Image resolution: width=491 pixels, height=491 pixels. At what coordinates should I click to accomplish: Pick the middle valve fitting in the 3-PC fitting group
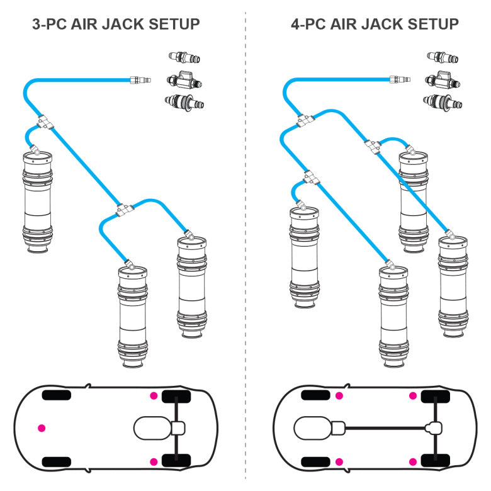pyautogui.click(x=183, y=81)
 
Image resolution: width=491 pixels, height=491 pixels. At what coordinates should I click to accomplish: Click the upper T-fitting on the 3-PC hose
pyautogui.click(x=45, y=121)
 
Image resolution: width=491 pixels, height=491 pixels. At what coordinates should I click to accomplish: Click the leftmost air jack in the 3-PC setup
pyautogui.click(x=37, y=201)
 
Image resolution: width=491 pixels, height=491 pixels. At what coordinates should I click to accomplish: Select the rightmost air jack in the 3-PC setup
pyautogui.click(x=192, y=286)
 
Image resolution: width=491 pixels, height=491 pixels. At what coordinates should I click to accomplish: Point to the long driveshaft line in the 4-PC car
pyautogui.click(x=384, y=428)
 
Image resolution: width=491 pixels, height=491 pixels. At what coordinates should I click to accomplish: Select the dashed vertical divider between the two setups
pyautogui.click(x=245, y=252)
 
